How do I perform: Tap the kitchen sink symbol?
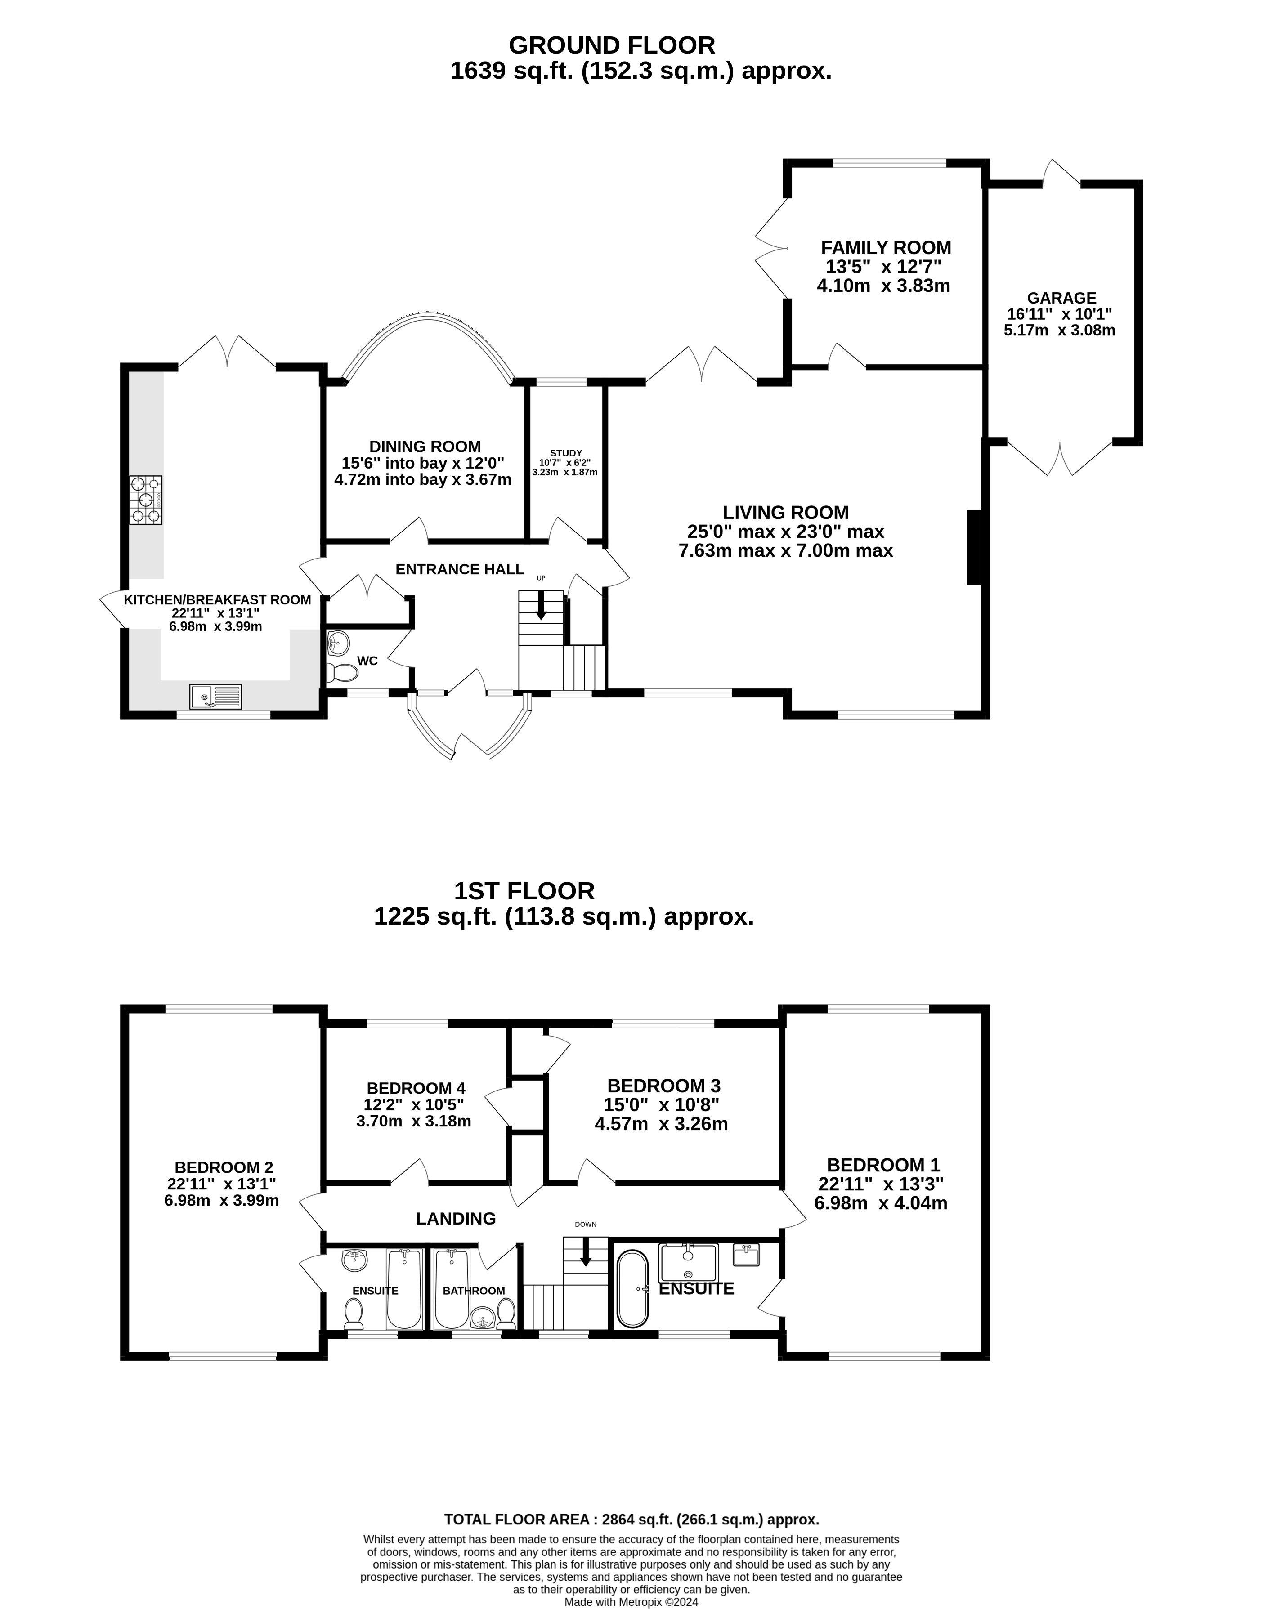(x=215, y=697)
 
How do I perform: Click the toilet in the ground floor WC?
(x=342, y=672)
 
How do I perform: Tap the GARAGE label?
(x=1062, y=298)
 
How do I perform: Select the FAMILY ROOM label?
(x=886, y=248)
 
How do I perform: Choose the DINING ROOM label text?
(x=425, y=447)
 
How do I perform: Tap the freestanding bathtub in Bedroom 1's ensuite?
(x=632, y=1289)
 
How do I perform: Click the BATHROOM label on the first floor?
(x=474, y=1291)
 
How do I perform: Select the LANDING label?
(x=456, y=1219)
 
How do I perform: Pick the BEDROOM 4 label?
(x=417, y=1088)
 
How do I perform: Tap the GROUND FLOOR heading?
(x=612, y=45)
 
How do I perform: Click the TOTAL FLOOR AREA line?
(x=631, y=1520)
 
